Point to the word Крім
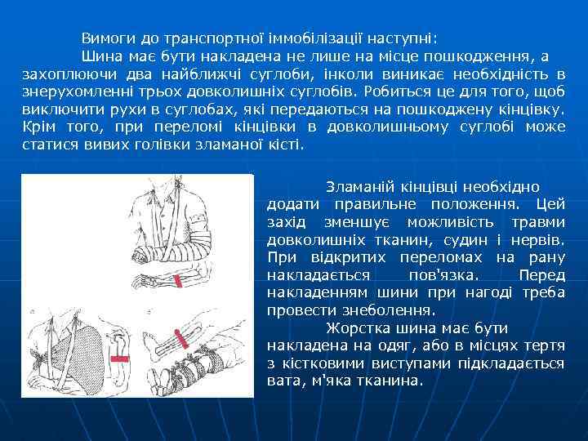(x=39, y=127)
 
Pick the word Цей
(x=549, y=203)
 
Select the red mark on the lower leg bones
(x=180, y=336)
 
